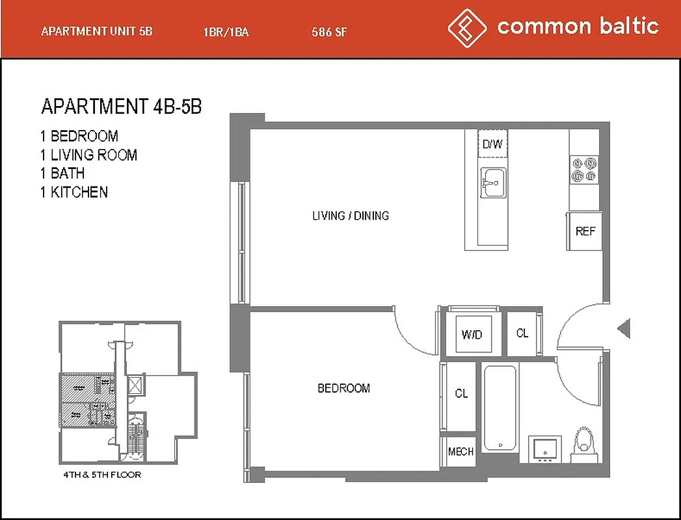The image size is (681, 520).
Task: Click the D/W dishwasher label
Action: tap(492, 144)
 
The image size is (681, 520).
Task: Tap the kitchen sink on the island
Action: tap(494, 182)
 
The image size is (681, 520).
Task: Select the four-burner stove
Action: tap(583, 169)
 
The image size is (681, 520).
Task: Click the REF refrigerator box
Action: tap(585, 231)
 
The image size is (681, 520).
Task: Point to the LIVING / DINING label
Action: tap(351, 216)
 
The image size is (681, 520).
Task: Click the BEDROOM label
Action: tap(343, 388)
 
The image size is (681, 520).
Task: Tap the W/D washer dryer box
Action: tap(472, 335)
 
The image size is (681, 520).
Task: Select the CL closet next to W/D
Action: tap(522, 333)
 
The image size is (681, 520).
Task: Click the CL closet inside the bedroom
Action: tap(461, 394)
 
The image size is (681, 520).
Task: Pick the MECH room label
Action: tap(461, 451)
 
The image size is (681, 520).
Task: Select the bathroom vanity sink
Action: tap(542, 448)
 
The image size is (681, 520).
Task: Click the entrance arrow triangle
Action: tap(624, 328)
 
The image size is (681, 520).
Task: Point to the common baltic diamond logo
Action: tap(467, 27)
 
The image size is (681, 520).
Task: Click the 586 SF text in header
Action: tap(329, 32)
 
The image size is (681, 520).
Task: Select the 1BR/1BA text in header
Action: tap(226, 32)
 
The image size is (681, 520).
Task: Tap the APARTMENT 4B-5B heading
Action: tap(121, 107)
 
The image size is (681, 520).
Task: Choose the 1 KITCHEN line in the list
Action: tap(73, 192)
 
